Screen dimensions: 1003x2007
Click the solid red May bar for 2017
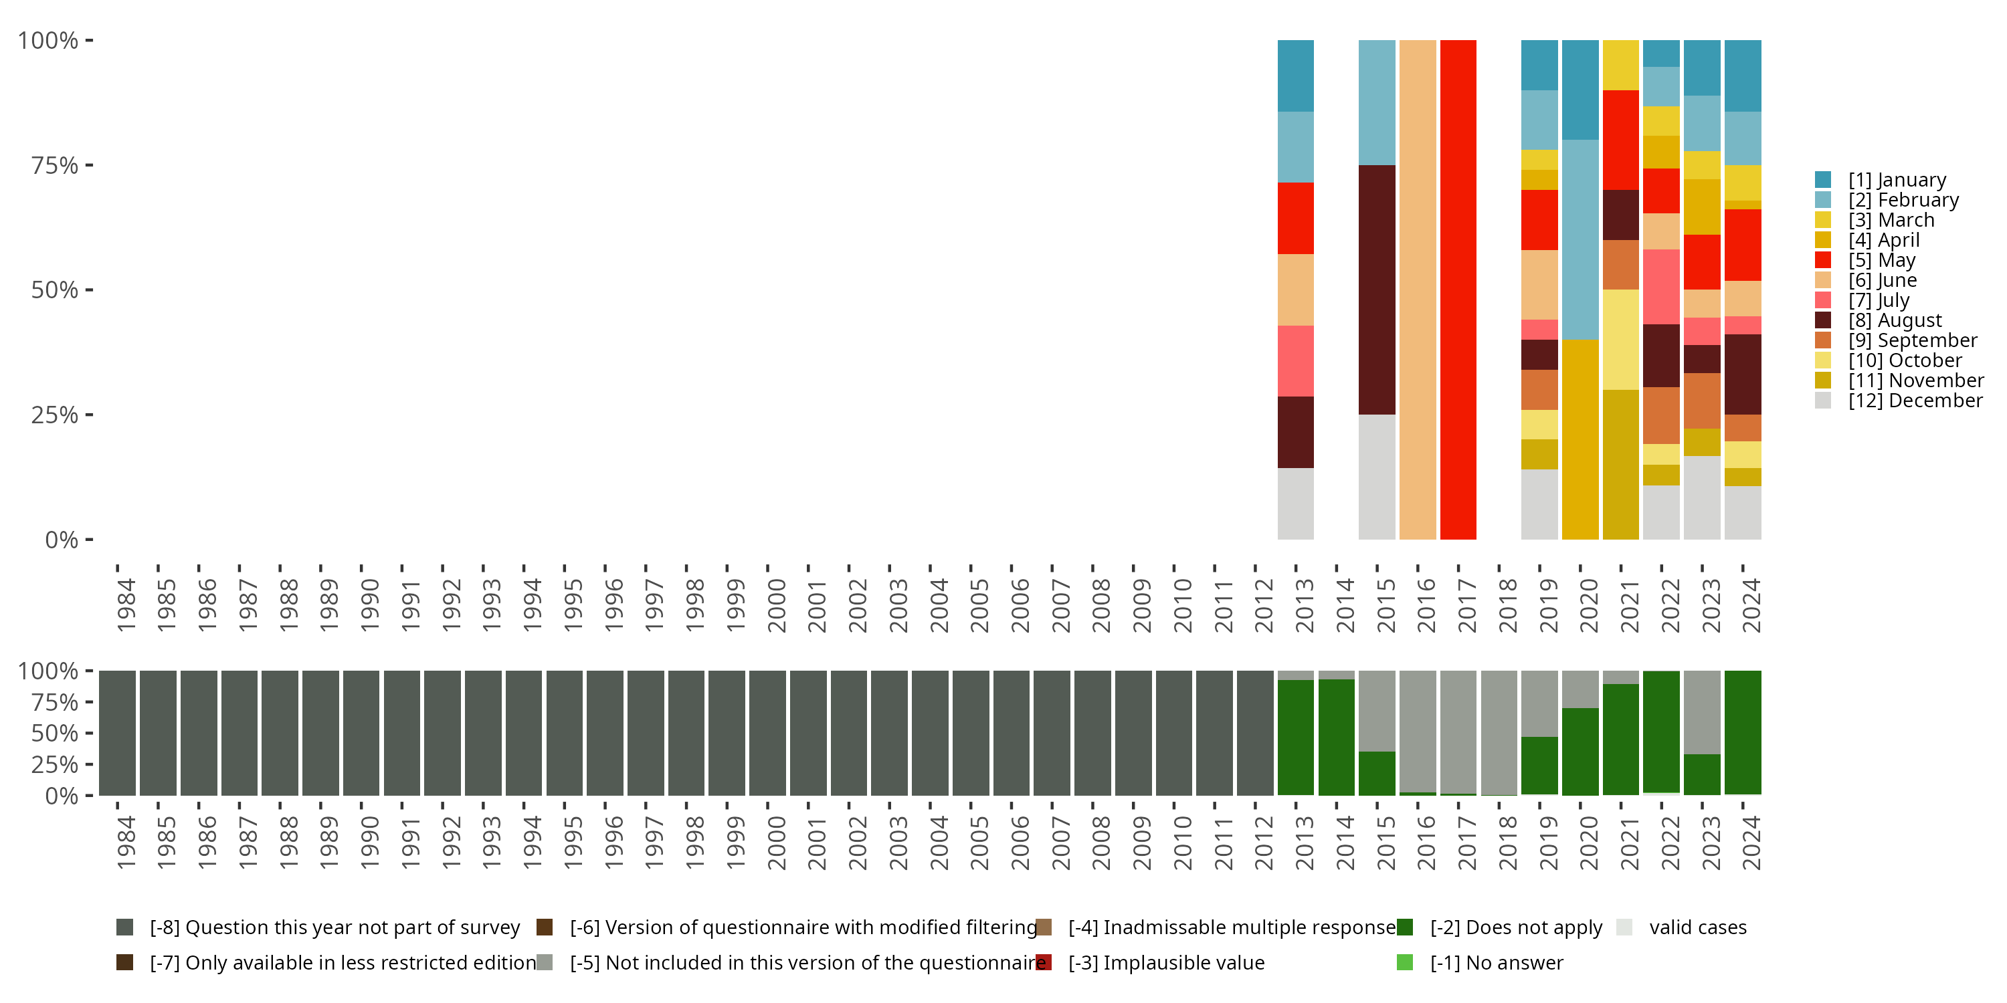tap(1458, 289)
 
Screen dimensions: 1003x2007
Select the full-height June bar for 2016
tap(1417, 289)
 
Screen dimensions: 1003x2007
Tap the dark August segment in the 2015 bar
tap(1377, 289)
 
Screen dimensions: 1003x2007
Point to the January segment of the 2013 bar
tap(1296, 76)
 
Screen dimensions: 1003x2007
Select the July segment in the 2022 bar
tap(1661, 287)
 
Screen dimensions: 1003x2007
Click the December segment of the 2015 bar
tap(1377, 477)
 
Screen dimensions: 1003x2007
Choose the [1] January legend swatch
tap(1823, 180)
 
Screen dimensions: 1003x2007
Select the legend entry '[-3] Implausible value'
tap(1165, 962)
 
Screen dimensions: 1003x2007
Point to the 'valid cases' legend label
tap(1697, 927)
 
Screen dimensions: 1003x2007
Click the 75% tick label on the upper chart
tap(55, 165)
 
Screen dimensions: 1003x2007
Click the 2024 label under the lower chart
tap(1751, 843)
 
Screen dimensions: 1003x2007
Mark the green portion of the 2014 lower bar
tap(1336, 737)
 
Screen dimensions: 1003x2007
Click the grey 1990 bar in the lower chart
tap(361, 733)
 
